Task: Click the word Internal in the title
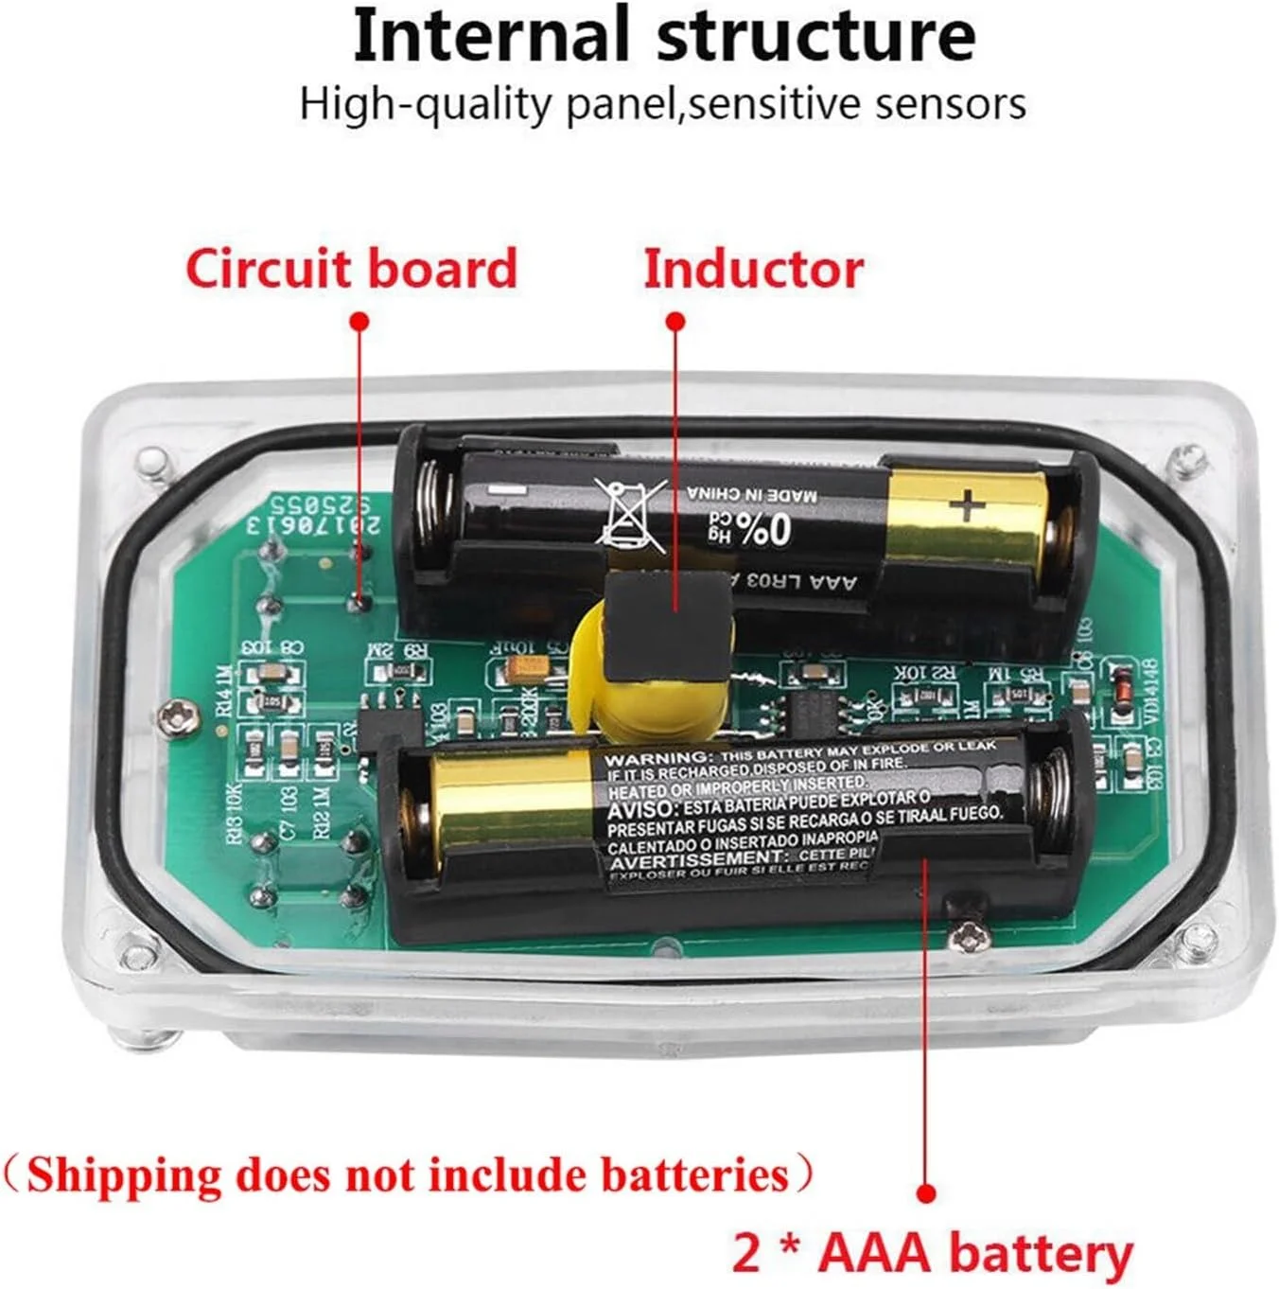click(x=490, y=35)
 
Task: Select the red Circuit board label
click(x=351, y=268)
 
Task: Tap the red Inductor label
click(x=753, y=269)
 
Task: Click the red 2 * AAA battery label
click(x=933, y=1252)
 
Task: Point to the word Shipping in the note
click(x=124, y=1174)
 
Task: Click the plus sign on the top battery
click(x=968, y=505)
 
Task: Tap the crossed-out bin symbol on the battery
click(x=632, y=514)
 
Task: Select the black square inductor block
click(x=670, y=627)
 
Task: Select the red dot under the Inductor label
click(x=675, y=321)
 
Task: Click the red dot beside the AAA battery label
click(x=927, y=1193)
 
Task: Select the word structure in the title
click(x=815, y=35)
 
